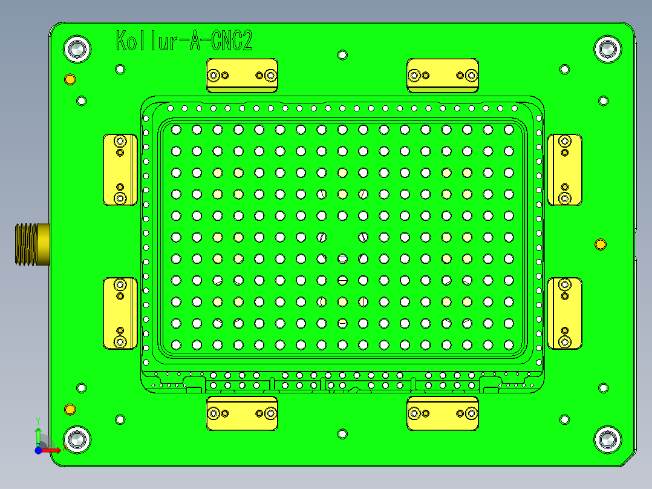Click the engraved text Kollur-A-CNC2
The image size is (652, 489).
(x=184, y=42)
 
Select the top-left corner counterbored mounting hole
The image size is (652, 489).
(x=77, y=49)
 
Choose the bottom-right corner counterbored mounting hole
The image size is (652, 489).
(x=607, y=439)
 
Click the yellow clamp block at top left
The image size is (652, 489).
(x=242, y=76)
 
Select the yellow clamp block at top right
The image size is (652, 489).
(x=443, y=76)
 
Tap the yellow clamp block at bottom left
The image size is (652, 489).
(x=242, y=413)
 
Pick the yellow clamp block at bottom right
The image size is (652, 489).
(x=443, y=413)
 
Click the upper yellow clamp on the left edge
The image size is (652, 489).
(x=120, y=169)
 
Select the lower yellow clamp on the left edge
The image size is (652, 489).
(x=120, y=313)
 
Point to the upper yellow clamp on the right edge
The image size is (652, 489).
(x=564, y=169)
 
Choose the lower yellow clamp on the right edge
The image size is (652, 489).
(x=564, y=313)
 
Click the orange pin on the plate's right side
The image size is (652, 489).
(x=601, y=244)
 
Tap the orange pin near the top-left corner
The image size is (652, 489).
(x=70, y=79)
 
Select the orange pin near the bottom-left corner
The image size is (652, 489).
(x=70, y=410)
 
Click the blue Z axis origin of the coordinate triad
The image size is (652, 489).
(x=38, y=450)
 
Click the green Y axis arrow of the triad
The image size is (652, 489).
(x=38, y=433)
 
